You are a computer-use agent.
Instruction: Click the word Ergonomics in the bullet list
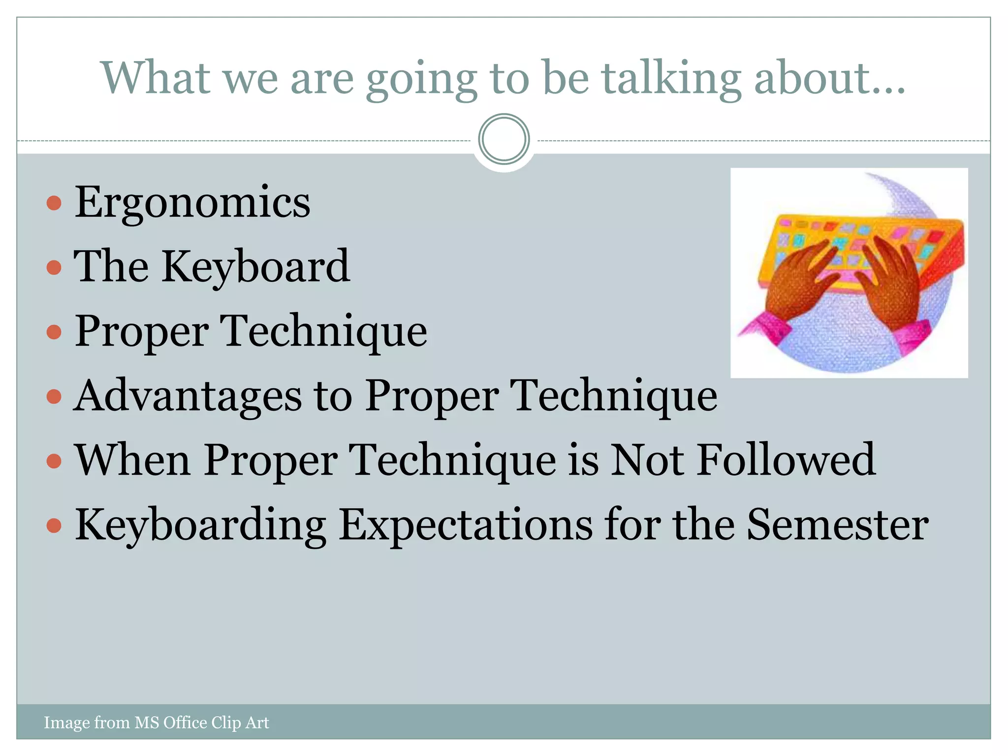pyautogui.click(x=192, y=202)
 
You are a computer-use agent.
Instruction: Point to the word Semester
pyautogui.click(x=837, y=525)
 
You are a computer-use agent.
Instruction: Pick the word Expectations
pyautogui.click(x=466, y=525)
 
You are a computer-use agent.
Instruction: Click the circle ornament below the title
pyautogui.click(x=504, y=139)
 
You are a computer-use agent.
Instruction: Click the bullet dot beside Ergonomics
pyautogui.click(x=54, y=203)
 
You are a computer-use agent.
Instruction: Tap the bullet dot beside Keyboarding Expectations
pyautogui.click(x=54, y=526)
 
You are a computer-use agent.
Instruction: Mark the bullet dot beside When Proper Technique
pyautogui.click(x=54, y=461)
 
